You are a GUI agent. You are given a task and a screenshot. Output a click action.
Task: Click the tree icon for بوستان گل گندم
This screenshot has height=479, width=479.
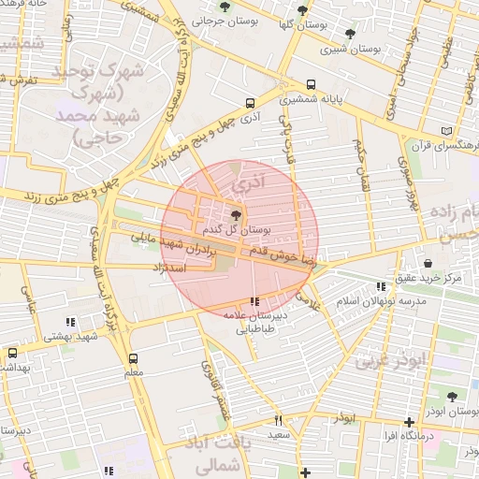(234, 214)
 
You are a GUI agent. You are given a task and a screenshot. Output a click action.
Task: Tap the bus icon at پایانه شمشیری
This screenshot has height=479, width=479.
(311, 83)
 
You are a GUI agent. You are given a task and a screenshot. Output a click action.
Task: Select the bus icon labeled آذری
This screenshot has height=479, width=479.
(250, 104)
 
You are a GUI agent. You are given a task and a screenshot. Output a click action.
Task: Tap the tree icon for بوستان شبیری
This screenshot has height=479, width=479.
(350, 34)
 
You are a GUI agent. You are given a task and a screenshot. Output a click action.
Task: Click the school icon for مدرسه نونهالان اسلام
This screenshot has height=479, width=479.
(380, 286)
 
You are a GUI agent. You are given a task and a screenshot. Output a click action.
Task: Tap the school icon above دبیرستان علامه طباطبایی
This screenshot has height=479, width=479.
(254, 301)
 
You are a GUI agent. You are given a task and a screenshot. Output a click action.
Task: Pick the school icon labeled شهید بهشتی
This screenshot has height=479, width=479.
(70, 322)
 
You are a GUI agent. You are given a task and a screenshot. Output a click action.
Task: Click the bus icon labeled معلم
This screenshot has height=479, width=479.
(133, 358)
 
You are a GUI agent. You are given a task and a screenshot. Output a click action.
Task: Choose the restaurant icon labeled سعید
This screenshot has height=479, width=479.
(278, 420)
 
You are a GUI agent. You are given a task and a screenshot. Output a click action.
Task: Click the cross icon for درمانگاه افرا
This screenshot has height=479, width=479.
(408, 422)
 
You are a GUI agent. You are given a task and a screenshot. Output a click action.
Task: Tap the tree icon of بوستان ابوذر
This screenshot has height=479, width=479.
(452, 397)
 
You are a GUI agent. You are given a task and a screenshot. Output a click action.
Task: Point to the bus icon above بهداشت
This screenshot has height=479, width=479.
(12, 354)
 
